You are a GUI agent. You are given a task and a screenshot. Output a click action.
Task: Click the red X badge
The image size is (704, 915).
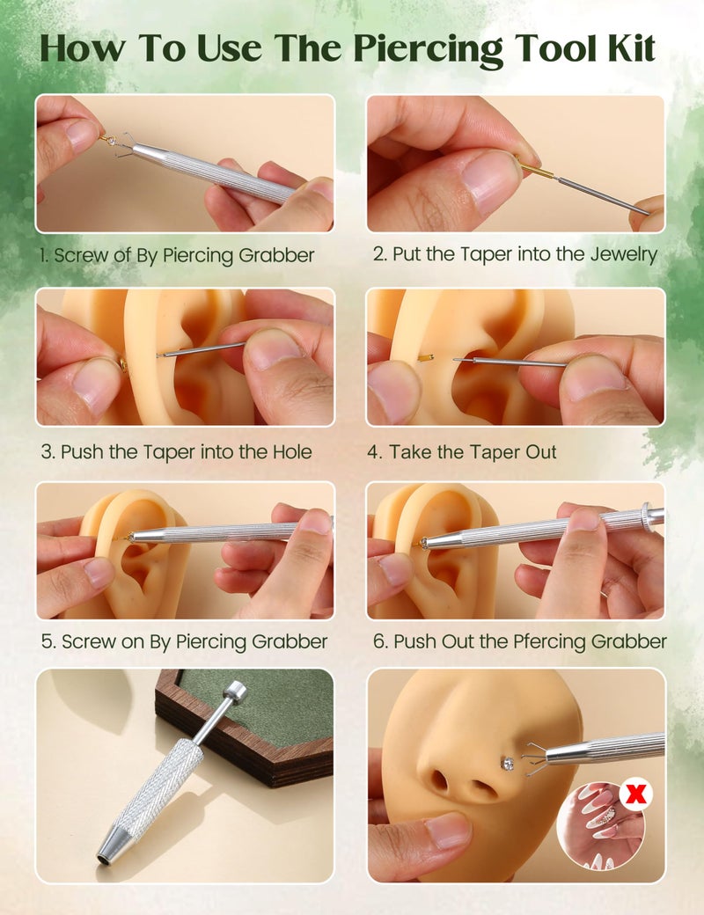tap(636, 794)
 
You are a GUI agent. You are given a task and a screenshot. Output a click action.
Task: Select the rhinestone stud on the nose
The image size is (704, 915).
tap(509, 763)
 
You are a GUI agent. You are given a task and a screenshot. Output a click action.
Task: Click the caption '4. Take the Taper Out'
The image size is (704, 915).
tap(462, 452)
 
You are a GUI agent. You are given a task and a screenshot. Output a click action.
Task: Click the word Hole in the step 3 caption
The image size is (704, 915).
tap(292, 452)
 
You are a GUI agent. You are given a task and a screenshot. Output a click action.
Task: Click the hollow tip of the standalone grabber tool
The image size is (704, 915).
tap(106, 858)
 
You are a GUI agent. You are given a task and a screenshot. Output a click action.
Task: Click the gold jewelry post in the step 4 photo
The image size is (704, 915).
tap(426, 357)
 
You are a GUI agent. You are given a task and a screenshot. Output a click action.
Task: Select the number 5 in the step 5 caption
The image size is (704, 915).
tap(46, 641)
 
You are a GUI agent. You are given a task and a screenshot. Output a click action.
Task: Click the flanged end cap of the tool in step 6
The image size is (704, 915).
tap(646, 514)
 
